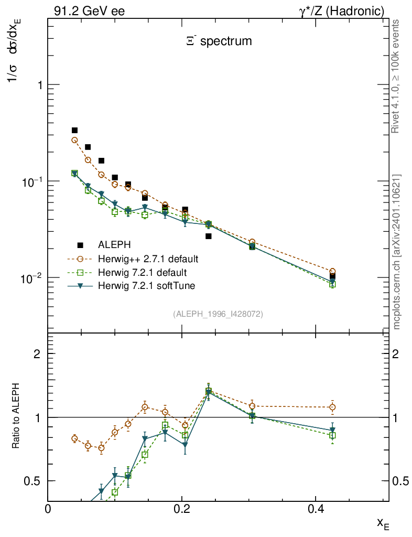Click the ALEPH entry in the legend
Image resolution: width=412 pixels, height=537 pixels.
[115, 245]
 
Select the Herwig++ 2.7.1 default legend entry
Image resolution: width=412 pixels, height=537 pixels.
[148, 259]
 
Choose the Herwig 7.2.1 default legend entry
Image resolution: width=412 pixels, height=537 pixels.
[142, 273]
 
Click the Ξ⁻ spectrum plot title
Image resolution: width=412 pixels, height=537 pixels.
[219, 41]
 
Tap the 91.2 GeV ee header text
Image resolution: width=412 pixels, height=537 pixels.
[90, 11]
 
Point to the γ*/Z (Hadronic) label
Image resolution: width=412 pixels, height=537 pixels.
[342, 11]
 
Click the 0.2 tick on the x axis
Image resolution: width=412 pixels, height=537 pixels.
[182, 509]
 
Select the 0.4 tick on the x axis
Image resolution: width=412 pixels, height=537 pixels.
[315, 509]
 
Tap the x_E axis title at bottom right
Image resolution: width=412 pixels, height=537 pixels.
[383, 523]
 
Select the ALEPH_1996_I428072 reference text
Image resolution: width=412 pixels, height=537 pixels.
[218, 314]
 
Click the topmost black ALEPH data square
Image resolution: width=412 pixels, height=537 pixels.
[74, 131]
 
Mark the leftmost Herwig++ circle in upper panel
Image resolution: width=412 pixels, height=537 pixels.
[74, 140]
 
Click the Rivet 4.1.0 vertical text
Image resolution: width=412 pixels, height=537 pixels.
[396, 77]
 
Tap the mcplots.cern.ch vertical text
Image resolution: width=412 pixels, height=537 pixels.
[396, 252]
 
